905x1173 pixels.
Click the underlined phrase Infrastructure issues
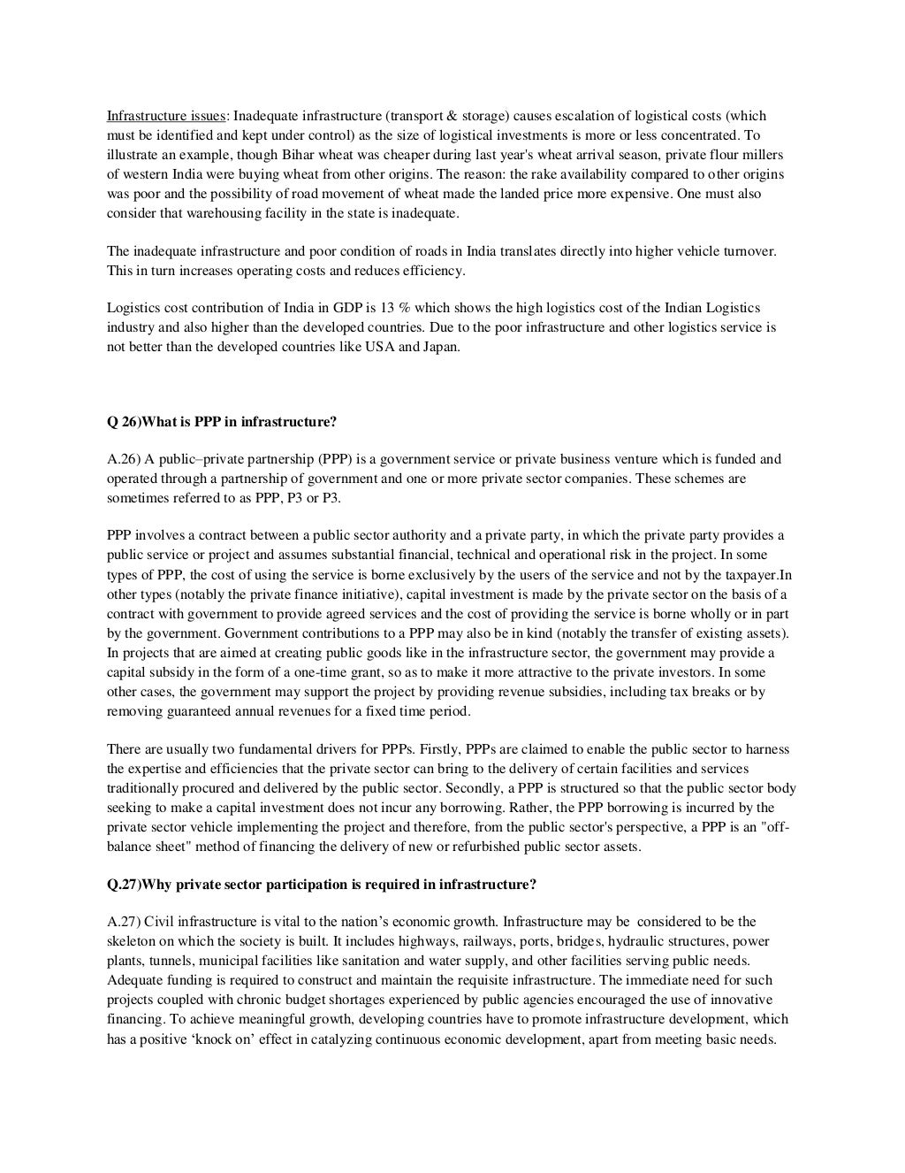165,116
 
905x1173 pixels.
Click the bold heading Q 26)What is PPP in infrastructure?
222,422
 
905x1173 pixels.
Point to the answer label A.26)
124,459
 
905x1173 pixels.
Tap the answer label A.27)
124,922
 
